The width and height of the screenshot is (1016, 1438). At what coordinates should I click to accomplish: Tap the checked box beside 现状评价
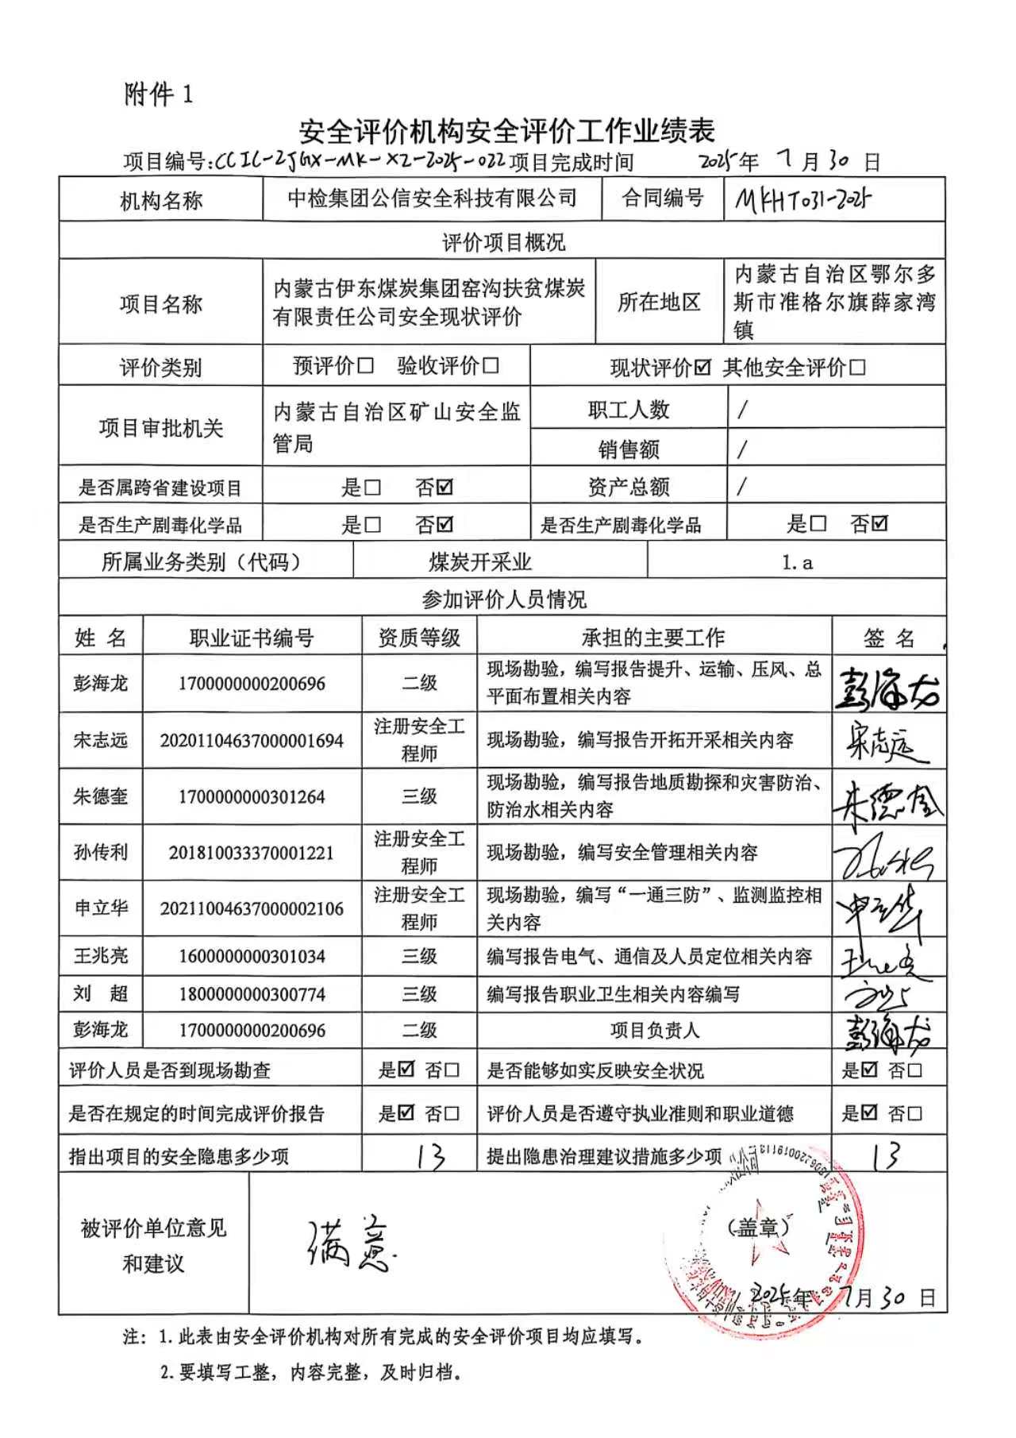point(702,368)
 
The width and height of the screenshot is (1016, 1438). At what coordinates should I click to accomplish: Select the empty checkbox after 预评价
point(365,365)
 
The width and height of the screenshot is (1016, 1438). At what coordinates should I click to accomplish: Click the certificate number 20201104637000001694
point(252,741)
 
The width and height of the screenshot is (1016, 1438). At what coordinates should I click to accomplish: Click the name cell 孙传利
point(100,852)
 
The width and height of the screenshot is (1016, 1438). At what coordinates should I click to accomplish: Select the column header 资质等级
point(418,638)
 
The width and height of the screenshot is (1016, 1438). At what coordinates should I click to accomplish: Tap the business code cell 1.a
point(797,563)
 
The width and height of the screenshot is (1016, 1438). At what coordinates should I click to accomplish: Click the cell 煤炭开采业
point(480,563)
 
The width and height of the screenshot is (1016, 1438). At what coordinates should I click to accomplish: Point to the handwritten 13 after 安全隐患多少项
point(429,1156)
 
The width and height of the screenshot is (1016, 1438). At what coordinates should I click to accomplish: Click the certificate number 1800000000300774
point(252,994)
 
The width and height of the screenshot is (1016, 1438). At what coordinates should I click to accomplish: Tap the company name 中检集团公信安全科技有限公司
point(432,199)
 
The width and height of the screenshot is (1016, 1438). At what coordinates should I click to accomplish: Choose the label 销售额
point(628,449)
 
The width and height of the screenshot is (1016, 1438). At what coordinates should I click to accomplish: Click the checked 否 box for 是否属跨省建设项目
point(445,487)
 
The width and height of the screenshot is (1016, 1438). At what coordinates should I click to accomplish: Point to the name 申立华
point(100,908)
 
